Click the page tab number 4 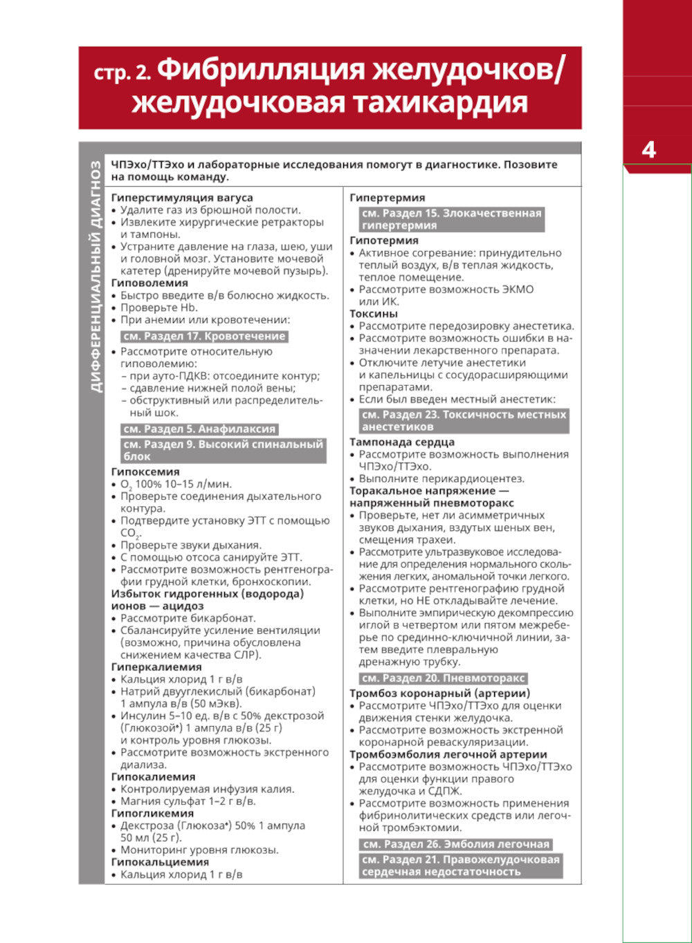pos(648,150)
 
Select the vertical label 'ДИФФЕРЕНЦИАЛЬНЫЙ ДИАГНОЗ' pos(96,277)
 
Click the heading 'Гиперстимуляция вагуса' pos(182,198)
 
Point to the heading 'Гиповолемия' pos(149,283)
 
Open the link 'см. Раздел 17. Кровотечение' pos(204,336)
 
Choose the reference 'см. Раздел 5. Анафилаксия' pos(199,429)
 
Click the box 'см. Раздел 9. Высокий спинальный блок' pos(223,450)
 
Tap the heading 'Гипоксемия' pos(145,472)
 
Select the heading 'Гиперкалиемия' pos(156,667)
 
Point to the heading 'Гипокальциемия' pos(160,862)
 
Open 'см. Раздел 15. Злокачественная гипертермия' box pos(451,219)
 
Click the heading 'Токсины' pos(374,314)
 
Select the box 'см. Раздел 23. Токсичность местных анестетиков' pos(464,421)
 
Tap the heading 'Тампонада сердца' pos(402,442)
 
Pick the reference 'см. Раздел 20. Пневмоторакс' pos(443,678)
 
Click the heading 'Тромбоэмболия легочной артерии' pos(448,754)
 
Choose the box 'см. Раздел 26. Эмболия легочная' pos(456,844)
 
